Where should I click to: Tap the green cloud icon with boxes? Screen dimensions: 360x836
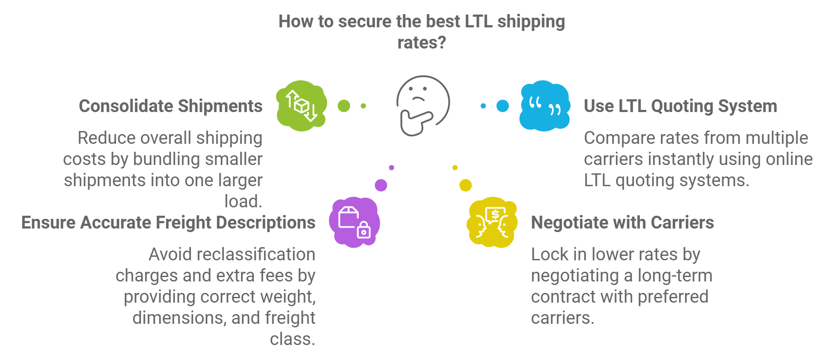pos(301,106)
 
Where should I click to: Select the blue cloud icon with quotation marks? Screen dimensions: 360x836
pos(545,106)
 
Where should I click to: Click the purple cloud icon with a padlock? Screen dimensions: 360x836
pos(354,222)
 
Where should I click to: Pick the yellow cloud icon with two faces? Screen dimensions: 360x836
pos(492,222)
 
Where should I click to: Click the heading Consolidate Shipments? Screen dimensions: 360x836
pos(171,106)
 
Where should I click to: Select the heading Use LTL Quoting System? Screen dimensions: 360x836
pos(680,106)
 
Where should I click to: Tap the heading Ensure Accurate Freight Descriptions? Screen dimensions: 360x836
pos(168,223)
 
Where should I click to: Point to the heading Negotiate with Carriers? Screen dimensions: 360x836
pos(622,223)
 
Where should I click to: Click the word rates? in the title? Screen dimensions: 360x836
pos(422,43)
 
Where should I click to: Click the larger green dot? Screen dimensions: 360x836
pos(344,106)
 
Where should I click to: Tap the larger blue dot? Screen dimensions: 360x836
pos(502,106)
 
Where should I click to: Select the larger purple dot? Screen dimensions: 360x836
pos(381,185)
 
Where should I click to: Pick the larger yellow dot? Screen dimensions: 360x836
pos(465,185)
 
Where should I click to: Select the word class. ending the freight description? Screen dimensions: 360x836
pos(293,339)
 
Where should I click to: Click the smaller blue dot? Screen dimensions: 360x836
pos(483,106)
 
